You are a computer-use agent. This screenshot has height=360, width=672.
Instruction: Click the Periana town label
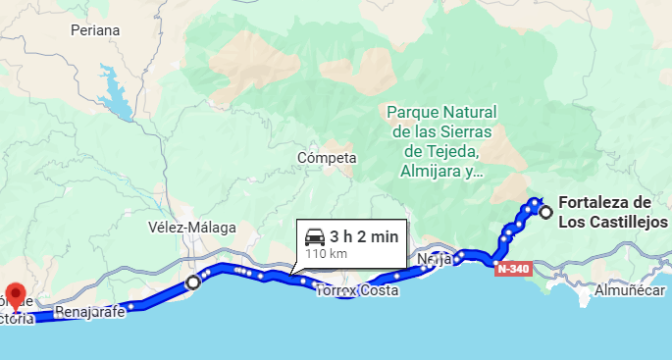(95, 30)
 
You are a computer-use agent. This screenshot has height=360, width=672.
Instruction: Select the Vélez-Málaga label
(192, 228)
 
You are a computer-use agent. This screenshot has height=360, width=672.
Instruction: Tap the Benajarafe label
(92, 313)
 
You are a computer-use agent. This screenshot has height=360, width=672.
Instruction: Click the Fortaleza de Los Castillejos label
(612, 213)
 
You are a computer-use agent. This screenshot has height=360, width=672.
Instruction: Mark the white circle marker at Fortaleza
(545, 212)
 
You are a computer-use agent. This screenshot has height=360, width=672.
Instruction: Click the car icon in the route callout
(315, 236)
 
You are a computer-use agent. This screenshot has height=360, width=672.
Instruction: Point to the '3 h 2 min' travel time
(364, 236)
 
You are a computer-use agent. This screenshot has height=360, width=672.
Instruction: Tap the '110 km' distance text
(327, 253)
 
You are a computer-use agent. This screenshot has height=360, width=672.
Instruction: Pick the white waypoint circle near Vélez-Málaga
(193, 283)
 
